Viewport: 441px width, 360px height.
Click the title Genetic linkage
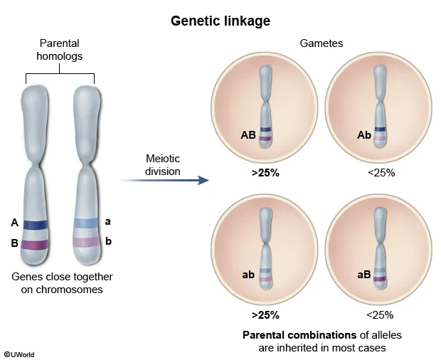point(220,21)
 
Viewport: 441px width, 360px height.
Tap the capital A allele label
point(14,223)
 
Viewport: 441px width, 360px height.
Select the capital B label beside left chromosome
point(14,243)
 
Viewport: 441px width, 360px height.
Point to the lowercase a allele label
point(107,221)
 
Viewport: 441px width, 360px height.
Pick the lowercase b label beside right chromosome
point(108,241)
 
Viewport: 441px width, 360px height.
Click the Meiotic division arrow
point(167,181)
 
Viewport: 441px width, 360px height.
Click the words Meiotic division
point(163,166)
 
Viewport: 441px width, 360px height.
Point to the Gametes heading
point(322,43)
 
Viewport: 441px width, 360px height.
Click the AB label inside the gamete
point(248,134)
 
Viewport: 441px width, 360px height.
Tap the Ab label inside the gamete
point(363,134)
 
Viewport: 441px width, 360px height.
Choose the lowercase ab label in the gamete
point(248,274)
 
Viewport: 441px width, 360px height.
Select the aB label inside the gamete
point(363,274)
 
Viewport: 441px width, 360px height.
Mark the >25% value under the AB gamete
point(265,172)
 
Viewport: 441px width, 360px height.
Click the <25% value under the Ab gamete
point(380,172)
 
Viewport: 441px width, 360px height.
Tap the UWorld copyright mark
point(18,354)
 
